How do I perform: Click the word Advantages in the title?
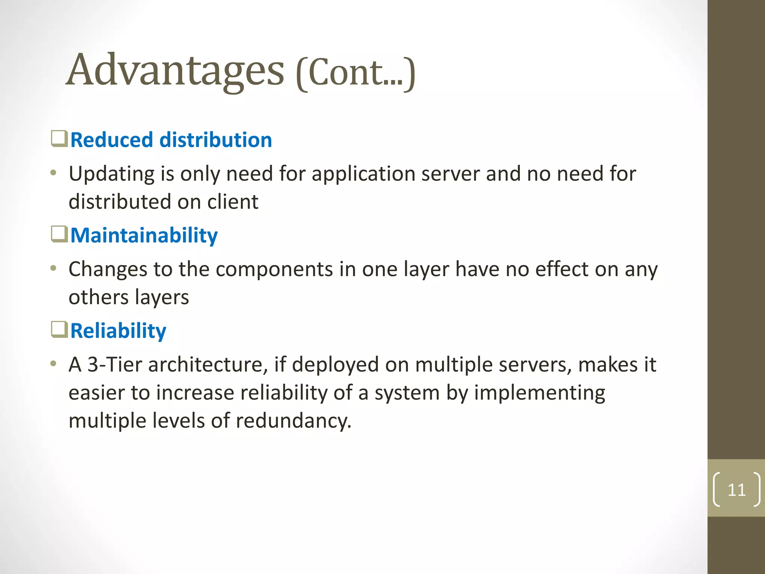coord(175,70)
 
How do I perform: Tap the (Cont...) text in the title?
coord(355,72)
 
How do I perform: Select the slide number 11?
coord(737,490)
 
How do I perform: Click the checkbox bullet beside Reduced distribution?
coord(59,139)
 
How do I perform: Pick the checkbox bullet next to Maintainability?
coord(59,234)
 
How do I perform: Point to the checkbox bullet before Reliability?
coord(59,329)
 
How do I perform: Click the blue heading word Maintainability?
coord(144,235)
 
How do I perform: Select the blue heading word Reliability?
coord(118,331)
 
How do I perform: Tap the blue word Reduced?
coord(112,140)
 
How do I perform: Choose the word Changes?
coord(108,269)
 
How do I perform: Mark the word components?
coord(274,269)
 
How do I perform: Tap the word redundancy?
coord(294,421)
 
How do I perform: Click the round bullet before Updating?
coord(54,173)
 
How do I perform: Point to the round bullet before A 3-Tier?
coord(54,363)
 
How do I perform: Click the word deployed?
coord(335,365)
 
